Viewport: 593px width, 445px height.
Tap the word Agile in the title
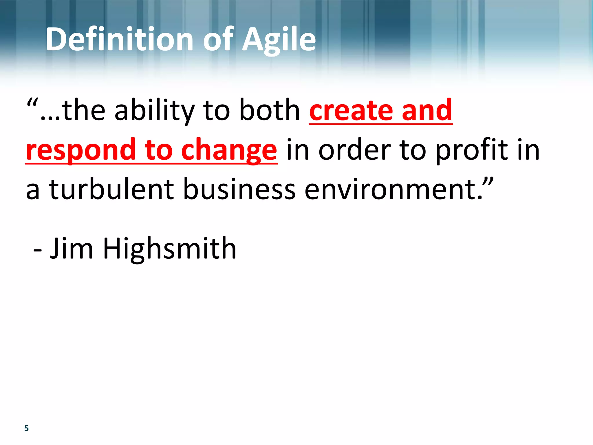click(x=279, y=40)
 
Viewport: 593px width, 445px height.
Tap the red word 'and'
click(x=427, y=110)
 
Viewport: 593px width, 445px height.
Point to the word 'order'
click(x=355, y=149)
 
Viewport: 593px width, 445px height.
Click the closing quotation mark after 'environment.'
click(x=488, y=183)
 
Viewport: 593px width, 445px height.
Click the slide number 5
click(x=27, y=428)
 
